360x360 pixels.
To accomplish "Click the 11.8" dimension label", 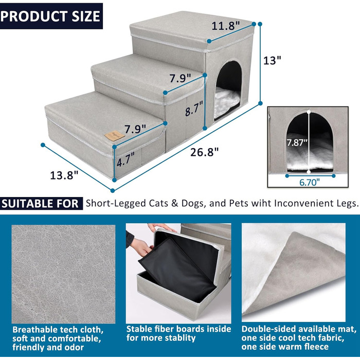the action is point(226,26).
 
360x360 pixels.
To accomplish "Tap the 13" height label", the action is point(272,60).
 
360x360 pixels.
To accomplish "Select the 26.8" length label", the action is point(204,152).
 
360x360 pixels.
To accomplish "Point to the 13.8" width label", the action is point(64,175).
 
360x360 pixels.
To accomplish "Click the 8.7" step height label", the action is point(194,109).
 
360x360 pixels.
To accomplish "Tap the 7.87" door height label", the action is point(297,142).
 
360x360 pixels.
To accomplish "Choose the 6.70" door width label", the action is point(309,183).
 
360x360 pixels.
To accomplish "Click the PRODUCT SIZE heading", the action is point(50,16).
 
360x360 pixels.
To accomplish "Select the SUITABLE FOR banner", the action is point(41,204).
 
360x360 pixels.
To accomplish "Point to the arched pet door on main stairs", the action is point(228,90).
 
